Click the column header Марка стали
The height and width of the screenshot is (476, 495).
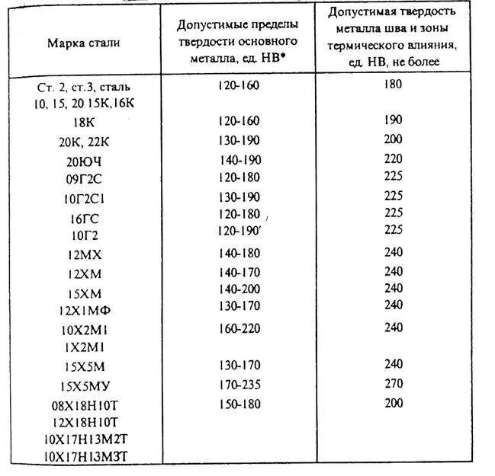[x=83, y=43]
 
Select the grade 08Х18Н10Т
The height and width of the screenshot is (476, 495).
[x=83, y=404]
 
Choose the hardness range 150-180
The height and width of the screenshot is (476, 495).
[x=238, y=402]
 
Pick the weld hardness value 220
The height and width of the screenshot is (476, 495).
[x=394, y=158]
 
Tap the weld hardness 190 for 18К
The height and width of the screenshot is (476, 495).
[x=394, y=120]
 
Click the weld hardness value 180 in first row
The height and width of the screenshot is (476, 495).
[x=394, y=84]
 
